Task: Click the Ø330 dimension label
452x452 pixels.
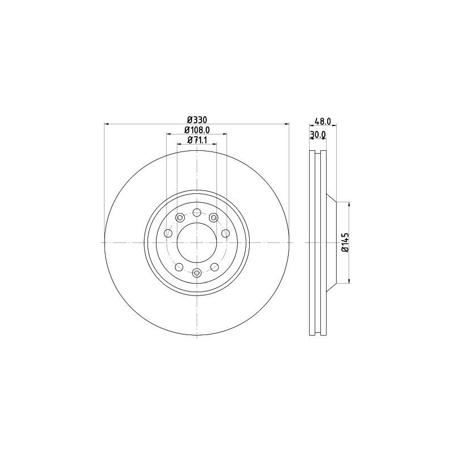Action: [196, 120]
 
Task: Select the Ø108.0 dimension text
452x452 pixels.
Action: [196, 130]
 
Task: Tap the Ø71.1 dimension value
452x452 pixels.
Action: [196, 140]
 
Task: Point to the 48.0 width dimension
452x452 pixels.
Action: [321, 120]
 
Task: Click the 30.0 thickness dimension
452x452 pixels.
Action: [318, 134]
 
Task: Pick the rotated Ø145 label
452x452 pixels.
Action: [344, 242]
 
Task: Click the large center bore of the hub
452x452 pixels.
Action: [196, 242]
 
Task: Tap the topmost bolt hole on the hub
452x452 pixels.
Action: [196, 212]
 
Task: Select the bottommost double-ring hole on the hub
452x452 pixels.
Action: [196, 273]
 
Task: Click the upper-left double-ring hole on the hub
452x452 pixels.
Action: [180, 218]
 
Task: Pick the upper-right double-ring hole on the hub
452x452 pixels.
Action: [213, 218]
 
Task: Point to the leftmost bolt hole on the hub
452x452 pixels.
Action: [168, 233]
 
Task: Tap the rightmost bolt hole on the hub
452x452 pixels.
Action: [225, 233]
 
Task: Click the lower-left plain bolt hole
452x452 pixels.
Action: [179, 267]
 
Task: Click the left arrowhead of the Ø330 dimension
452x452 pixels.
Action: [107, 124]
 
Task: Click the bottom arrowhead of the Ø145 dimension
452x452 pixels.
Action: [350, 280]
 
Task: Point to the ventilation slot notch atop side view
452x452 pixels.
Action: [318, 153]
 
